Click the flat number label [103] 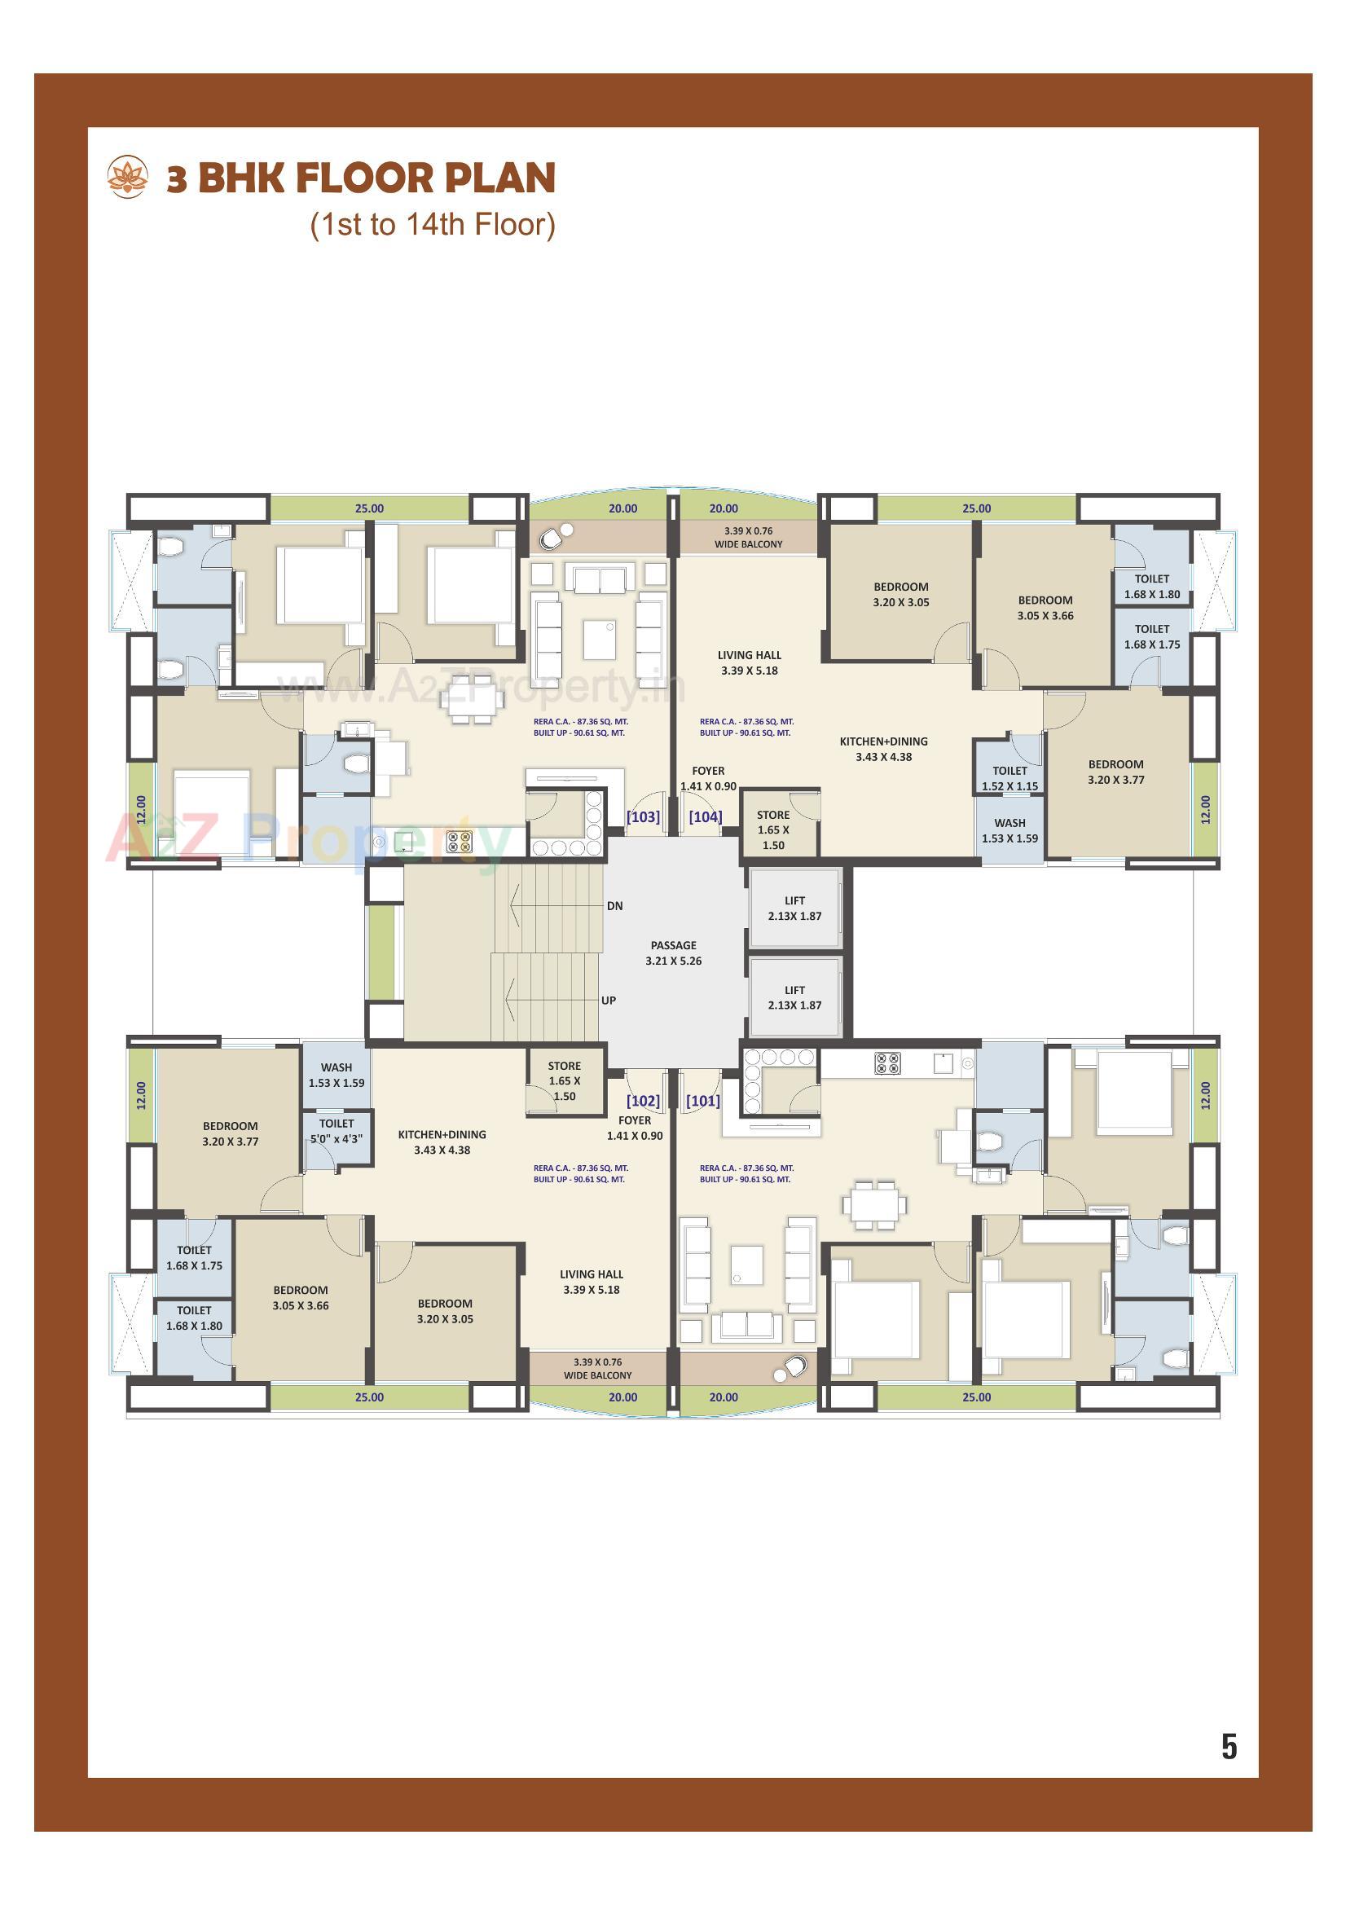(x=643, y=816)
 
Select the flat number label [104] (x=706, y=816)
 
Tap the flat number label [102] (x=643, y=1101)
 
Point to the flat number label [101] (x=703, y=1101)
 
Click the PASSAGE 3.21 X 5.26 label (x=673, y=952)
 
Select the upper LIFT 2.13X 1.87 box (x=794, y=908)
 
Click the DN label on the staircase (x=614, y=906)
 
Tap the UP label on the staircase (x=609, y=1001)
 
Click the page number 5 (x=1229, y=1747)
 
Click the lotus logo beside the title (x=128, y=178)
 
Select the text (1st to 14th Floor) (x=433, y=225)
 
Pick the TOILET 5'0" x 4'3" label (x=336, y=1131)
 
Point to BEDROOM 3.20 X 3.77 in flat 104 (x=1115, y=772)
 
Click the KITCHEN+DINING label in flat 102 (x=442, y=1142)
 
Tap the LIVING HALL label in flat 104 (x=750, y=662)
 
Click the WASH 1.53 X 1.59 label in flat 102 (x=336, y=1075)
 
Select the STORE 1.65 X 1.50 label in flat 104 (x=772, y=829)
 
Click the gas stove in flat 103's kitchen (x=459, y=842)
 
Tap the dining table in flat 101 (x=873, y=1205)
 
